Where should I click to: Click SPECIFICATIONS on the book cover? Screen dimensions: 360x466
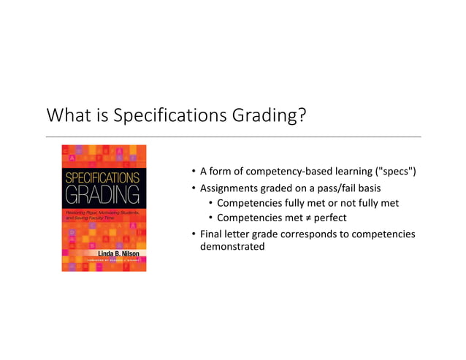pyautogui.click(x=103, y=177)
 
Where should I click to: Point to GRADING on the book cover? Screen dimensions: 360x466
pyautogui.click(x=103, y=196)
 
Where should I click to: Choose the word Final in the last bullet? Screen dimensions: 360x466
pyautogui.click(x=213, y=234)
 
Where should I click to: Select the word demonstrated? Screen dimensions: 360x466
pyautogui.click(x=232, y=248)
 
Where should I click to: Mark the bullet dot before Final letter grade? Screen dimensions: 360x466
pyautogui.click(x=193, y=234)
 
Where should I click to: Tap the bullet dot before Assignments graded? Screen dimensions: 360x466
pyautogui.click(x=193, y=188)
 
